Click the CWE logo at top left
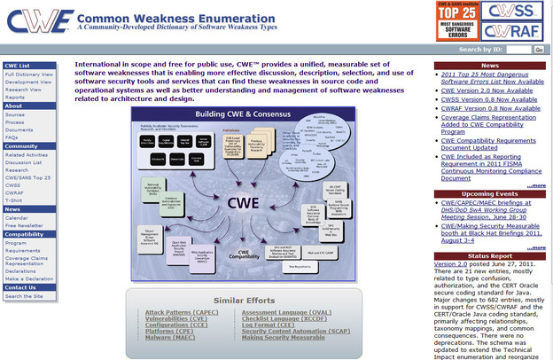tap(37, 20)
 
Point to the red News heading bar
tap(489, 66)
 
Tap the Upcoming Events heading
tap(489, 192)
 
